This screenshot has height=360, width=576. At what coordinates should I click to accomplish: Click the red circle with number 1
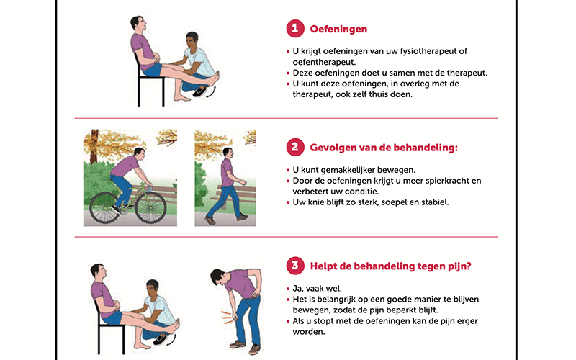(x=295, y=29)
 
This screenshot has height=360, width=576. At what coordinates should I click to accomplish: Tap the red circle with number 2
(x=295, y=148)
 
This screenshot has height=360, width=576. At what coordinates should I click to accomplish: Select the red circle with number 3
(x=295, y=266)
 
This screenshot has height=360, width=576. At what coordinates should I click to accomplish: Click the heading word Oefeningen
(x=338, y=29)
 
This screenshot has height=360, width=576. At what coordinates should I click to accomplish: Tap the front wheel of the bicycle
(x=150, y=207)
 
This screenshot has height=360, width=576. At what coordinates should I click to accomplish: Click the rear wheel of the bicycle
(x=104, y=207)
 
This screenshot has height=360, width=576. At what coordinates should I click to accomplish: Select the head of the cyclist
(x=140, y=153)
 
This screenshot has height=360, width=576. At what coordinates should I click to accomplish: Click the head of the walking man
(x=228, y=153)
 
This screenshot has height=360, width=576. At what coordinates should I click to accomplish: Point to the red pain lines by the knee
(x=227, y=318)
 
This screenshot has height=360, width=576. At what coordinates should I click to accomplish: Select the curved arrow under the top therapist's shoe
(x=211, y=92)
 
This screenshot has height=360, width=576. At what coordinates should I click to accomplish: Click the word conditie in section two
(x=364, y=192)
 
